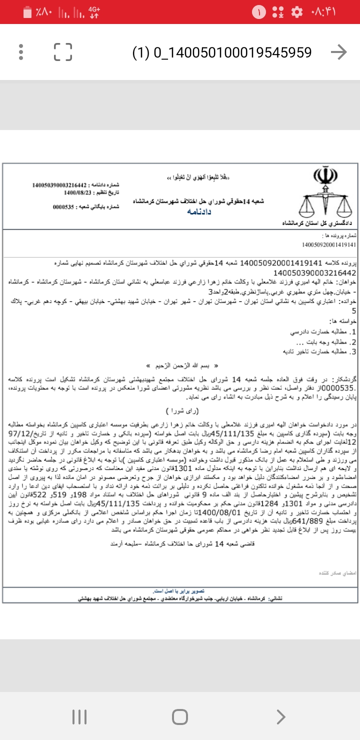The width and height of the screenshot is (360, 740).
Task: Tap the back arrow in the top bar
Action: [338, 52]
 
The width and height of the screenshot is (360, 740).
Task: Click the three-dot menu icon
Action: [20, 52]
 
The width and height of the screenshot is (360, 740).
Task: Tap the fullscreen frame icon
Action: [63, 52]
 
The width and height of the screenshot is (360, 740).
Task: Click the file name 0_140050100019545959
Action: [221, 52]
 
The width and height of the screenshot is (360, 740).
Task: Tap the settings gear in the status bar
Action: [296, 11]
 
